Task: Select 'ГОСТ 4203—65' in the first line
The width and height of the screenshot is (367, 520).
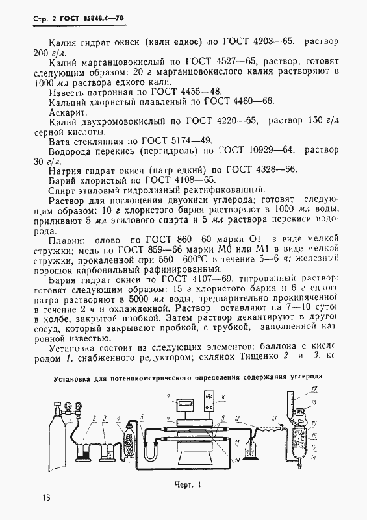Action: pos(262,40)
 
